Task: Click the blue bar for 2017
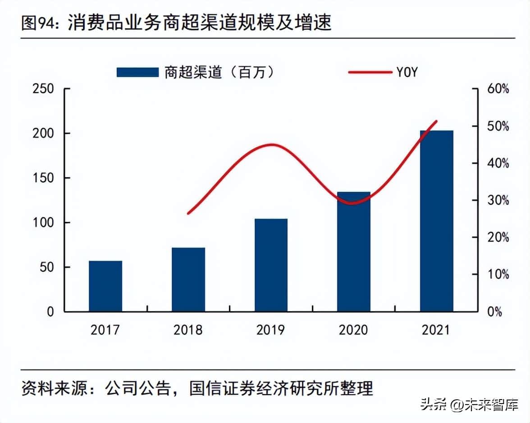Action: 105,286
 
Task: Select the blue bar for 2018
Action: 188,280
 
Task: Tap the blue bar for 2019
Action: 271,265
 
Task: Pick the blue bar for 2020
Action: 354,252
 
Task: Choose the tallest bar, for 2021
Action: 436,221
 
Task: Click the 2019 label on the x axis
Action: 271,330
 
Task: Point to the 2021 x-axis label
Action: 436,330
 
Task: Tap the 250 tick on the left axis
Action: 43,89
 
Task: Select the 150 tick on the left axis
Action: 43,178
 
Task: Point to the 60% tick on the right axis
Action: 498,89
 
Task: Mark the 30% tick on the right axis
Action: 498,200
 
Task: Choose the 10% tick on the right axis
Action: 498,275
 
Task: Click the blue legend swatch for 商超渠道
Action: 137,72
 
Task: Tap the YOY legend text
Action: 407,72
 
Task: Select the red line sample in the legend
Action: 370,72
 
